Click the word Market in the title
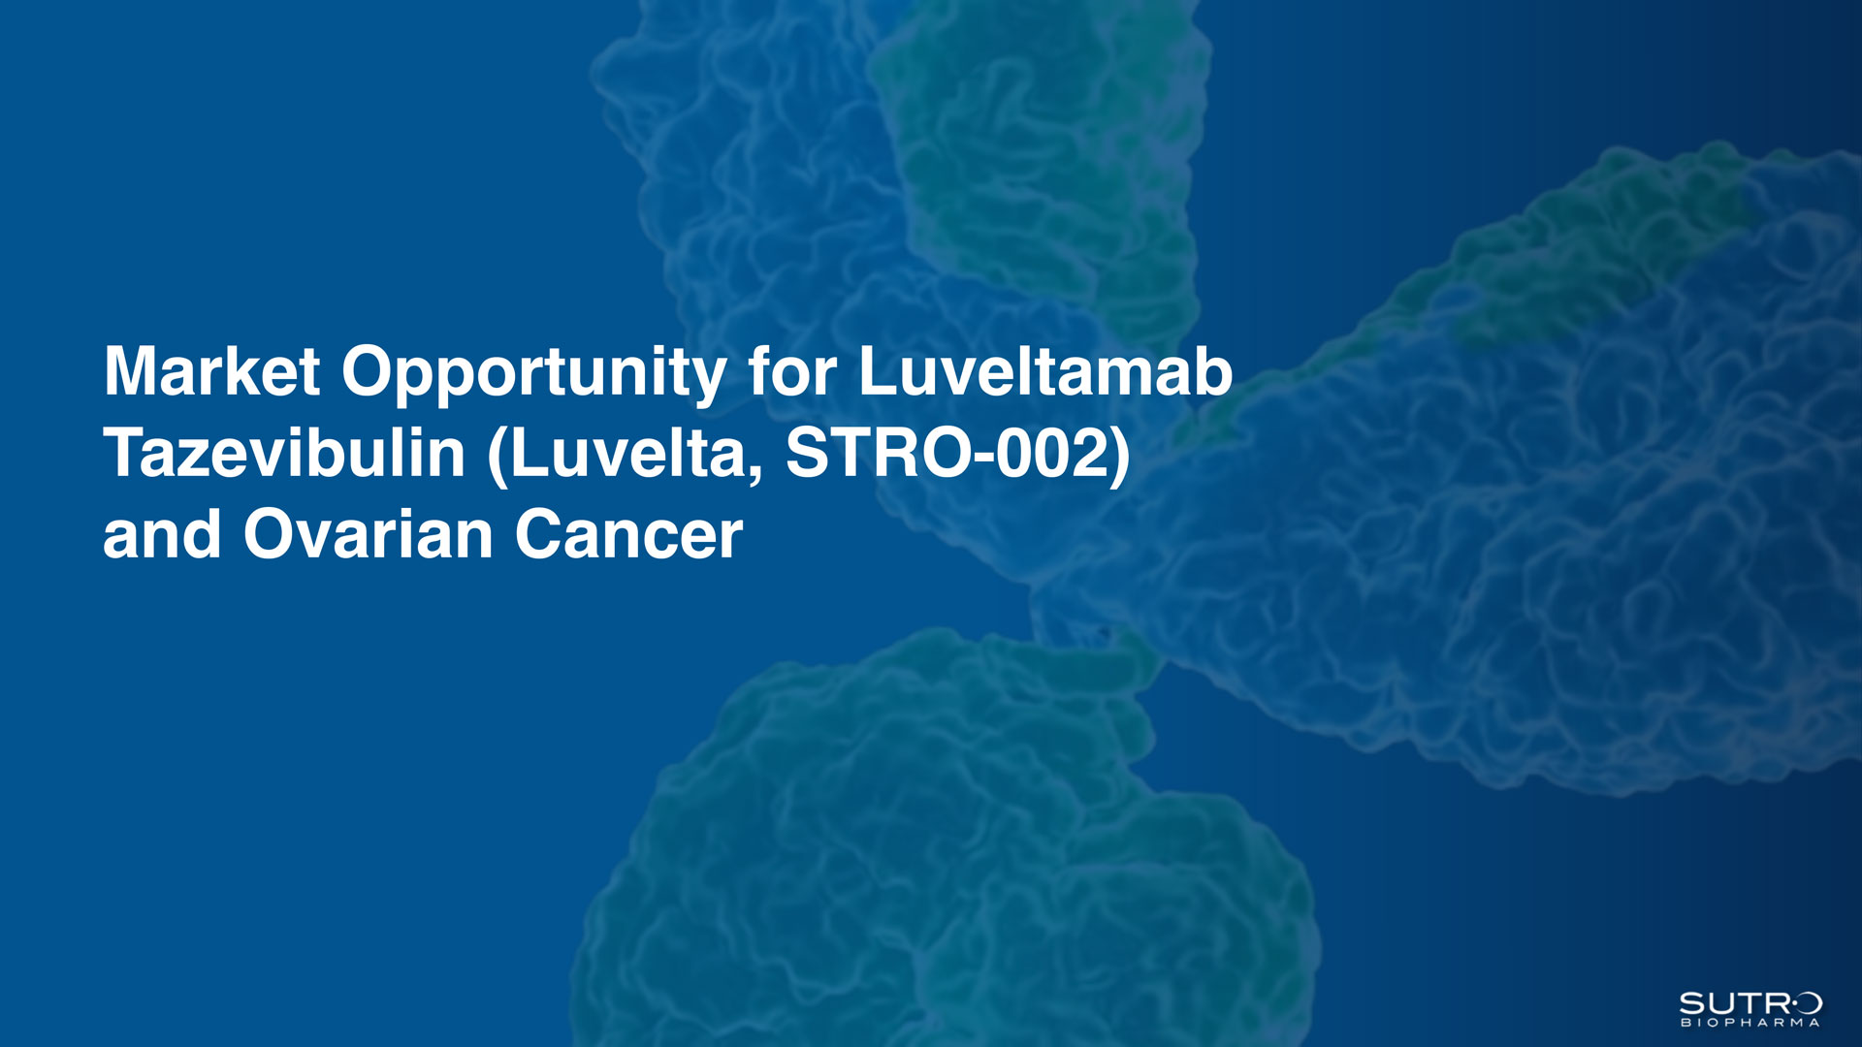point(211,371)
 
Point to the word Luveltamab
point(1045,371)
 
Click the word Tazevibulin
point(284,453)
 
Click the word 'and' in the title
point(162,535)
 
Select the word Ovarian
point(369,535)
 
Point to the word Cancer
point(628,535)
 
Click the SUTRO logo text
point(1750,1003)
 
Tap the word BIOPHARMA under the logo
point(1750,1022)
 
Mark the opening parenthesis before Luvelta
point(498,457)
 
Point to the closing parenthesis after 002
point(1120,457)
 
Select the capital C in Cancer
point(539,535)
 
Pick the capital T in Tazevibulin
point(126,453)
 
